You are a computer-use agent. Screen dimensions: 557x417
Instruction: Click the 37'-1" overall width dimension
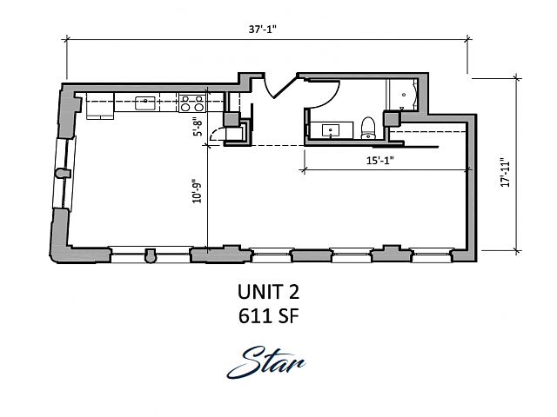pyautogui.click(x=263, y=30)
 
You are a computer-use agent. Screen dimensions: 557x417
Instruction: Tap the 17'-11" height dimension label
pyautogui.click(x=505, y=172)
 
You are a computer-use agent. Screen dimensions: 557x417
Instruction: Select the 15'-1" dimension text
pyautogui.click(x=380, y=161)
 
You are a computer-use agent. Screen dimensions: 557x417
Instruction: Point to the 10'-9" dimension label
pyautogui.click(x=197, y=193)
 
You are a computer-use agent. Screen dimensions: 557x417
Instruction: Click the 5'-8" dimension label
pyautogui.click(x=198, y=127)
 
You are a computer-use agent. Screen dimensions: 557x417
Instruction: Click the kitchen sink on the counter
pyautogui.click(x=145, y=103)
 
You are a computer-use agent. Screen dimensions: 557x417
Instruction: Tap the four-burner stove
pyautogui.click(x=192, y=103)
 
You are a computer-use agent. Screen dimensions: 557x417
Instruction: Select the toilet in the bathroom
pyautogui.click(x=368, y=128)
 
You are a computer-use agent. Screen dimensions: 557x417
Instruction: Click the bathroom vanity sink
pyautogui.click(x=331, y=130)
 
